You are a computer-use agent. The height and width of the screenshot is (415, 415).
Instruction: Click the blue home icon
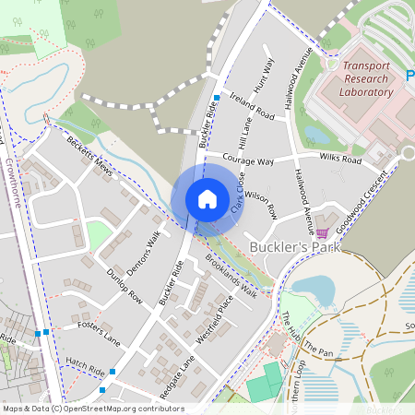click(x=207, y=198)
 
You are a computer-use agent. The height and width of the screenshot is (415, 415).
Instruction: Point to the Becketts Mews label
click(x=90, y=157)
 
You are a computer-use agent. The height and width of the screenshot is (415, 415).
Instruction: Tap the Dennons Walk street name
click(x=145, y=246)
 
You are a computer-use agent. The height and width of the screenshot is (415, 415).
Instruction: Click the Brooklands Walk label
click(x=231, y=276)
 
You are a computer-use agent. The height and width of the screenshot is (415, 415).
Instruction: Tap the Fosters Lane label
click(x=100, y=329)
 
